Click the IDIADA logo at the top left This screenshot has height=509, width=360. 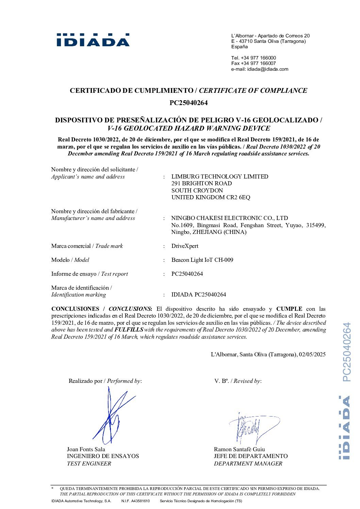(x=93, y=40)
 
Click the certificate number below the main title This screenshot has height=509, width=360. (x=189, y=103)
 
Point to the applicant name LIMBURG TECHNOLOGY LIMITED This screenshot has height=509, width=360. (x=219, y=176)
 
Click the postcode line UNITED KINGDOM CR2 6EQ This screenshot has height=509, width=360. (x=211, y=197)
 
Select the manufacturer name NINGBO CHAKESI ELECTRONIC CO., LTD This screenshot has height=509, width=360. (x=229, y=218)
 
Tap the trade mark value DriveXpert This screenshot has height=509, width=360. (x=185, y=246)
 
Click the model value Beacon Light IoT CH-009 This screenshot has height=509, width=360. (x=202, y=260)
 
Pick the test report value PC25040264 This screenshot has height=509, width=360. (x=187, y=274)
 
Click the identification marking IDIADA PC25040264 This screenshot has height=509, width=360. (x=198, y=294)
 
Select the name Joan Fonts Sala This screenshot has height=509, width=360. (x=86, y=449)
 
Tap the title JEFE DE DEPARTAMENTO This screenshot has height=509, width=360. (x=250, y=456)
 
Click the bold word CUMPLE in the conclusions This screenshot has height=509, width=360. (x=289, y=309)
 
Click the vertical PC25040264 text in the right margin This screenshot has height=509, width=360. (x=346, y=352)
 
